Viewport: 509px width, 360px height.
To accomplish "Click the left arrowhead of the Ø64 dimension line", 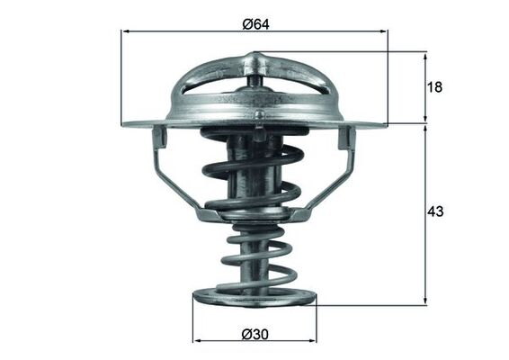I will pos(125,31).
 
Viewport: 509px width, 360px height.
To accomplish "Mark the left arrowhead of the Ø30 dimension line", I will pos(198,343).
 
